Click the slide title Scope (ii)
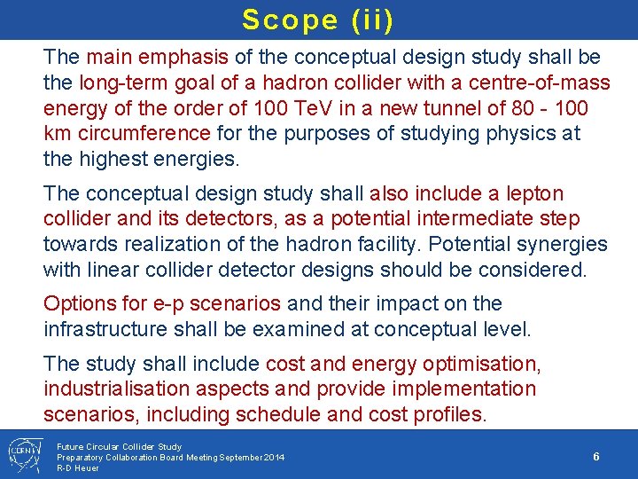tap(317, 20)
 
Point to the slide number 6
tap(596, 456)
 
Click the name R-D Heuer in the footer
tap(78, 467)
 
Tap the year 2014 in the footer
tap(272, 457)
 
